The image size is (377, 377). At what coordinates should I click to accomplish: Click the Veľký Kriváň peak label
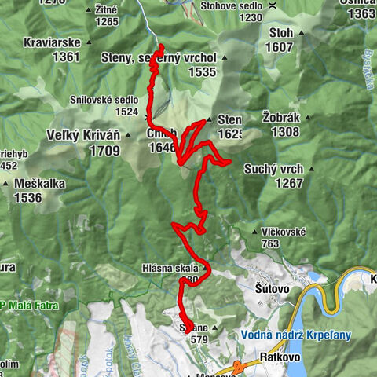[82, 134]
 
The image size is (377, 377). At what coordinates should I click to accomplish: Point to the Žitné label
[105, 9]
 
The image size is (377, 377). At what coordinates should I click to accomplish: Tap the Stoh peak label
[280, 33]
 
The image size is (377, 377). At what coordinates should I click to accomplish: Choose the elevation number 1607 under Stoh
[280, 47]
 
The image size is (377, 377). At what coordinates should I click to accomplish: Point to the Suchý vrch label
[273, 169]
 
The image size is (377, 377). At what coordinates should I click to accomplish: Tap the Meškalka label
[38, 184]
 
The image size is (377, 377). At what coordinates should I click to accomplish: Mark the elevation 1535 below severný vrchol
[201, 71]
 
